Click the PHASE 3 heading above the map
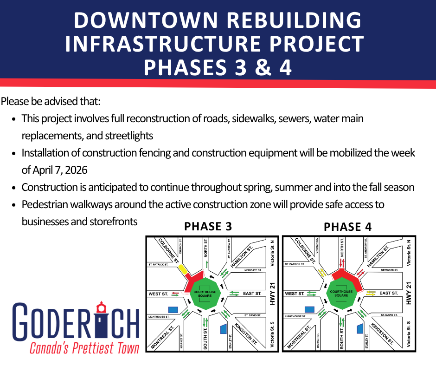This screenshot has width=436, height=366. (x=208, y=227)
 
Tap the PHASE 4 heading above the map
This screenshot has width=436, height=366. (x=347, y=227)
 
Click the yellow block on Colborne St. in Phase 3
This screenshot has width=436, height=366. (x=183, y=269)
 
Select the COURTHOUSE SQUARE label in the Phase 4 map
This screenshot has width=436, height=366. (x=341, y=294)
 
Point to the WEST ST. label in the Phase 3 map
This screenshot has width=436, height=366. (x=158, y=294)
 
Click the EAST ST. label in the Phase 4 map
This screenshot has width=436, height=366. (x=389, y=293)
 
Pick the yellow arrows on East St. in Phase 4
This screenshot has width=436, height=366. (x=371, y=294)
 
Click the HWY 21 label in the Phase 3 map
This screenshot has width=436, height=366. (x=272, y=294)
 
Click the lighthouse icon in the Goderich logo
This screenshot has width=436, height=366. (x=101, y=317)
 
